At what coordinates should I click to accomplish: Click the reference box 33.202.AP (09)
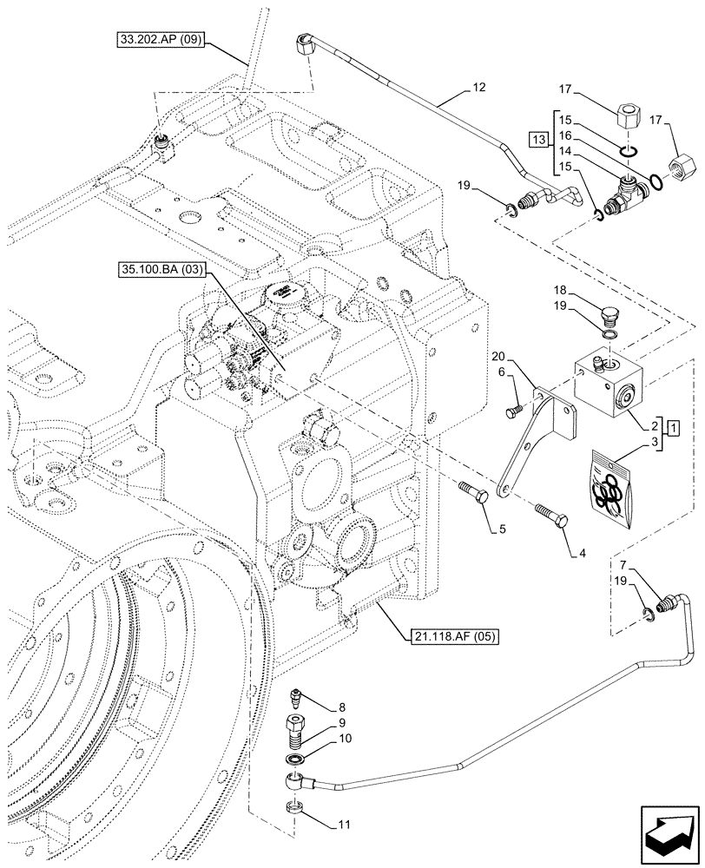click(158, 40)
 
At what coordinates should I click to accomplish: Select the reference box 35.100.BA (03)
click(158, 270)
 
